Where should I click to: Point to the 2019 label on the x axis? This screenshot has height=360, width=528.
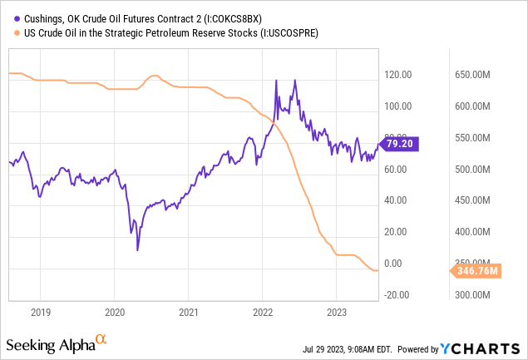(41, 312)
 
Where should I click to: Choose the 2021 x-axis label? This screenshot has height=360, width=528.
(189, 312)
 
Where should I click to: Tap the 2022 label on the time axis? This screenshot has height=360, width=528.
(263, 312)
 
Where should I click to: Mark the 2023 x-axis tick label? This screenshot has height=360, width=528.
(336, 312)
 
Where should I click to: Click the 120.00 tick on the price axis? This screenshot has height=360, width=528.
(398, 75)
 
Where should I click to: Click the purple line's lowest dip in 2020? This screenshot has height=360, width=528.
(138, 249)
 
